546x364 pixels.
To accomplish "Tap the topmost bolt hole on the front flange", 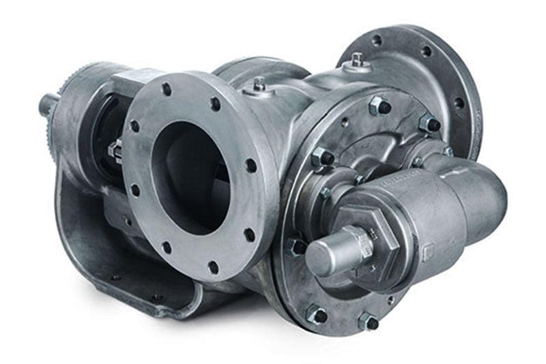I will (x=166, y=89).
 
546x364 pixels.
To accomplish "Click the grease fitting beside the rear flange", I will (x=358, y=61).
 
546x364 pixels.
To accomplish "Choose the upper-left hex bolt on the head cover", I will (x=321, y=157).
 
